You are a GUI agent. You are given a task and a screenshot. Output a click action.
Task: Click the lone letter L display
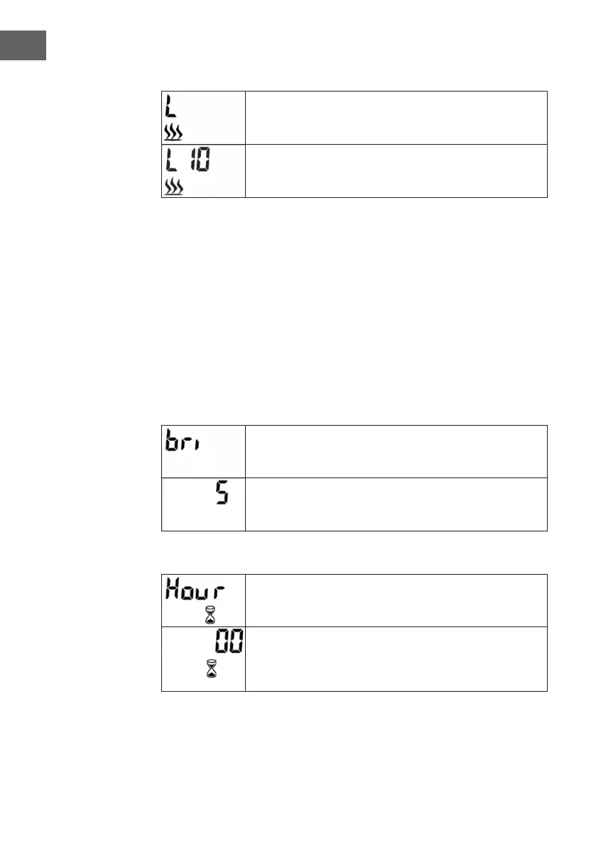(172, 108)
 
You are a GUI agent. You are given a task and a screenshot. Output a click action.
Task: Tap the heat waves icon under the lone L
(173, 133)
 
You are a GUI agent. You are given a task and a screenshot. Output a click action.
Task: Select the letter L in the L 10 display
(172, 161)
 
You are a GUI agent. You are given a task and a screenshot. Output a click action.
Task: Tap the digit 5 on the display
(222, 492)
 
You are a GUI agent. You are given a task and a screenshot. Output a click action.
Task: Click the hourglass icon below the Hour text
(209, 614)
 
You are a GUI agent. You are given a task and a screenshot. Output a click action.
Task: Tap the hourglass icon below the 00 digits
(210, 670)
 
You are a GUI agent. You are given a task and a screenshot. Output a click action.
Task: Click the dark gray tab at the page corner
(23, 45)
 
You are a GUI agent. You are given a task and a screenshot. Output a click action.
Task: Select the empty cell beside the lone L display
(396, 118)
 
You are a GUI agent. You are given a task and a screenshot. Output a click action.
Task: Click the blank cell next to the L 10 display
(396, 171)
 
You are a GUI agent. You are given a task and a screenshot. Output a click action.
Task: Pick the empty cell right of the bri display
(396, 452)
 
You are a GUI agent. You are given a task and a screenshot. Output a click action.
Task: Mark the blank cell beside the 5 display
(396, 504)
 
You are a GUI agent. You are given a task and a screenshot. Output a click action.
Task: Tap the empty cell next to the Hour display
(396, 600)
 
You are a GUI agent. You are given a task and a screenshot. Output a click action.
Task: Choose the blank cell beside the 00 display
(396, 658)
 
